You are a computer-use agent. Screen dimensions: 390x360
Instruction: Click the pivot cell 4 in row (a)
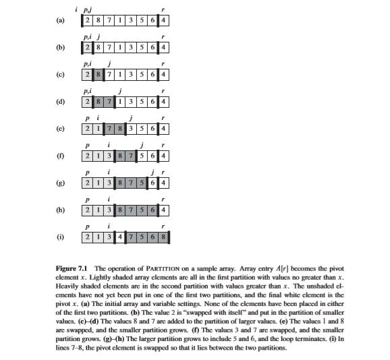[x=165, y=21]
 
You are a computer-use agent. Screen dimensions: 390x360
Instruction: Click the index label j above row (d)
[x=119, y=91]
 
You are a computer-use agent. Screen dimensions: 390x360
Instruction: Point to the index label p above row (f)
[x=86, y=145]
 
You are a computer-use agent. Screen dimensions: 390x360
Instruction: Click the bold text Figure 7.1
[x=72, y=269]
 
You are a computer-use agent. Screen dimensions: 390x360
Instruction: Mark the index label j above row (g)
[x=155, y=172]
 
